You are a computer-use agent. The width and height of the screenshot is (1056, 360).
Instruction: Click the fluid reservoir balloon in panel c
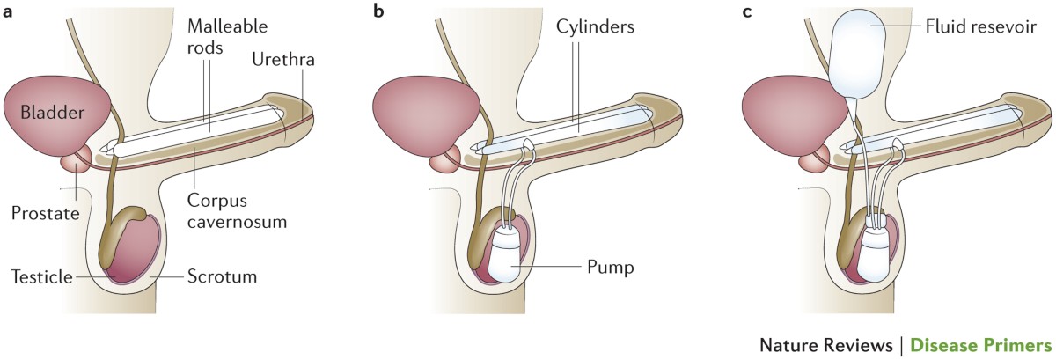point(863,55)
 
